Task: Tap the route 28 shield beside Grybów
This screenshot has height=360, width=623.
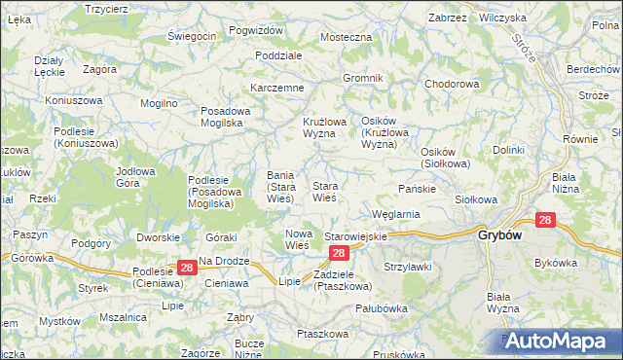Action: click(545, 221)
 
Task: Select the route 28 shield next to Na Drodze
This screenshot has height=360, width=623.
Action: click(186, 267)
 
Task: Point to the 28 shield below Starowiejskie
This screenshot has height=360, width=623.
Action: click(338, 253)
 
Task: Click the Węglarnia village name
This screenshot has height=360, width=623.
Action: click(395, 214)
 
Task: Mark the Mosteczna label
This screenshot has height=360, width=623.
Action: click(347, 37)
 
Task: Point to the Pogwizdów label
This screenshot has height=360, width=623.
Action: click(255, 30)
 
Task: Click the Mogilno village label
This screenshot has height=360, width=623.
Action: click(159, 102)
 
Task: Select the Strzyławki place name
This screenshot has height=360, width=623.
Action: click(407, 266)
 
